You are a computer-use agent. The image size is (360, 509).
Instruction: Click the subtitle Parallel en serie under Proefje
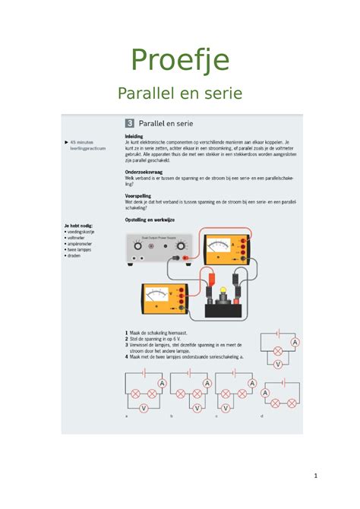tap(180, 93)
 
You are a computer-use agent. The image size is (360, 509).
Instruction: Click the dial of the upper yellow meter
tap(220, 247)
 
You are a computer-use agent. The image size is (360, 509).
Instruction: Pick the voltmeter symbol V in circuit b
tap(196, 408)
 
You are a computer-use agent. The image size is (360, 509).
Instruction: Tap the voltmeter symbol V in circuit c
tap(240, 408)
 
